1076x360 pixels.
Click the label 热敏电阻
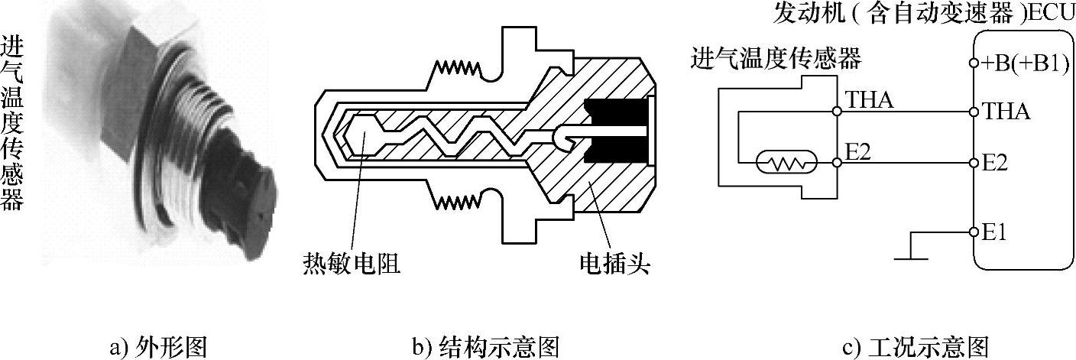(351, 264)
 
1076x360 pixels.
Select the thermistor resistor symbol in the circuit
(786, 162)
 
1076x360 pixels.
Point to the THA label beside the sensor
(870, 99)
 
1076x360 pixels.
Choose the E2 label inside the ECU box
(997, 163)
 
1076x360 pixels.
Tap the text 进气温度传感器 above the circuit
(775, 57)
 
